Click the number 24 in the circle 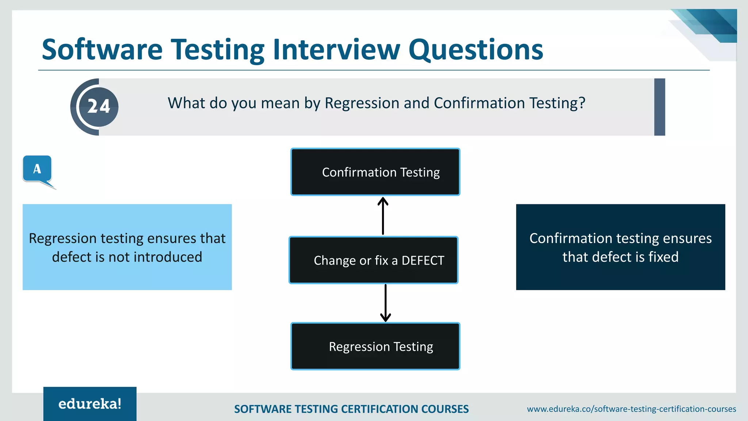coord(99,107)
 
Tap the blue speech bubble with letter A coord(37,169)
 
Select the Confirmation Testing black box coord(375,172)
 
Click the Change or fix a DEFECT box coord(373,260)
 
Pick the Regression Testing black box coord(375,346)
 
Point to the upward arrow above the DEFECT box coord(383,216)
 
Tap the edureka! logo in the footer coord(90,404)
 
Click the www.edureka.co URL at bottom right coord(631,409)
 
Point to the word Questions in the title coord(476,50)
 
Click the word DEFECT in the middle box coord(423,260)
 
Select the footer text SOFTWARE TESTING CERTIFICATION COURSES coord(351,409)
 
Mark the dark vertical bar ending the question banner coord(659,107)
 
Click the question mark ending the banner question coord(582,103)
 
